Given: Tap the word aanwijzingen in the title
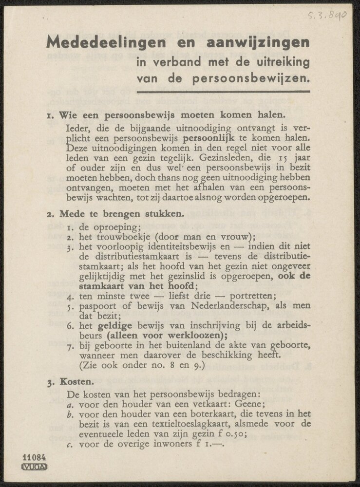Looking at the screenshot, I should [x=256, y=42].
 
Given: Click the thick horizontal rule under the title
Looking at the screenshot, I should [x=223, y=92].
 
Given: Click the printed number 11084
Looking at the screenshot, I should [x=34, y=458].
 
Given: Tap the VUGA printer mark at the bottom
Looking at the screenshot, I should [x=34, y=467].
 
